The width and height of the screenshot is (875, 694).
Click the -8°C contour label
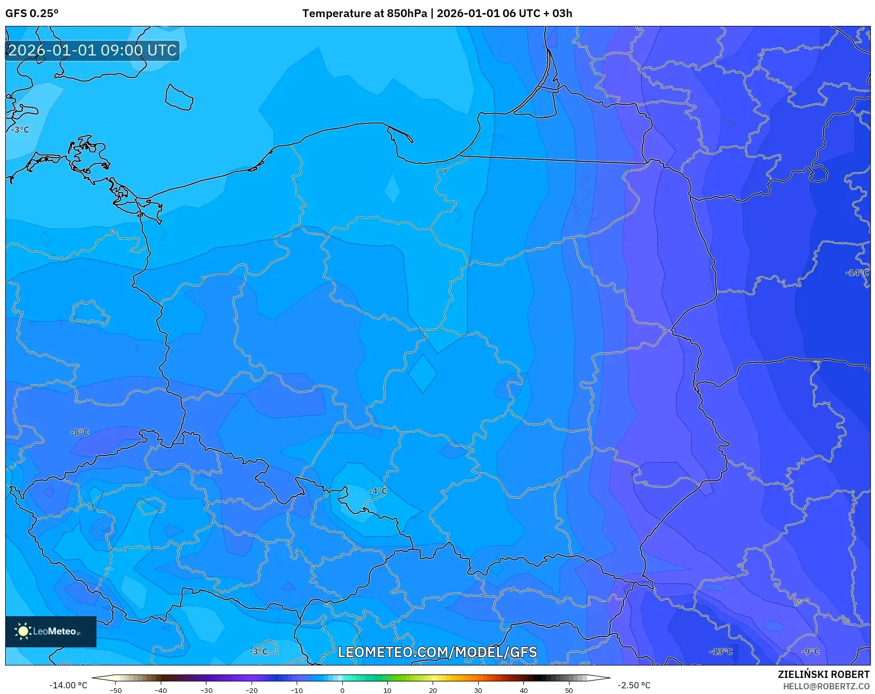[80, 432]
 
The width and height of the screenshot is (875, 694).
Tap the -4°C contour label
[378, 491]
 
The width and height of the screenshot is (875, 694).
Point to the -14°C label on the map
[856, 272]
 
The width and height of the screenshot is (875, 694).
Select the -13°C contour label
[721, 651]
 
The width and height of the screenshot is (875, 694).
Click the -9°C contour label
[810, 651]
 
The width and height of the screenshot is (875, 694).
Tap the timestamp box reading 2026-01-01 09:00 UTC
[92, 50]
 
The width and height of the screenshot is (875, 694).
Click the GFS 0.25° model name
[32, 13]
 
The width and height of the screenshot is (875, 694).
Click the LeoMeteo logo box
[51, 631]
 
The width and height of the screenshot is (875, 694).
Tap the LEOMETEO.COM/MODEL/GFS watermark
[437, 652]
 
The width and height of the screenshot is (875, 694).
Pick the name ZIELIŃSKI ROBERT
[823, 674]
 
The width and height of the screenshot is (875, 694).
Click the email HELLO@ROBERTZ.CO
[826, 686]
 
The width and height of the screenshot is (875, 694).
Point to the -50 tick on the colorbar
[116, 690]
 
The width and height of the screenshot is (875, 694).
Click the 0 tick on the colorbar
[342, 690]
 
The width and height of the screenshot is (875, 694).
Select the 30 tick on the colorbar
[478, 690]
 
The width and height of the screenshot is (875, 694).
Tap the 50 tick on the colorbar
[568, 690]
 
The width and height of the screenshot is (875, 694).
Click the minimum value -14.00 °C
[68, 685]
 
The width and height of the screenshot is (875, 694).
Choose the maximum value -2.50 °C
[634, 685]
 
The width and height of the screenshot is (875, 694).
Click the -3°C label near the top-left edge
[21, 130]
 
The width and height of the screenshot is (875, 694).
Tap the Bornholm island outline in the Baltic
[179, 98]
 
